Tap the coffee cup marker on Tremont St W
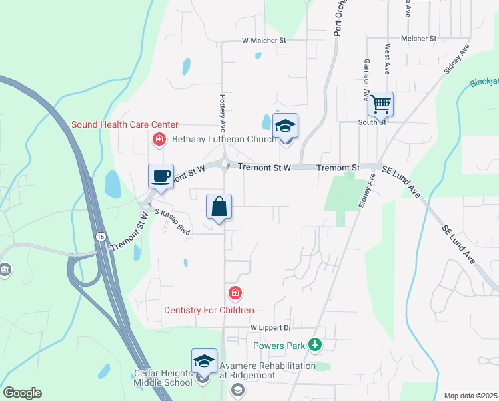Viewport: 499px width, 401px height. point(161,176)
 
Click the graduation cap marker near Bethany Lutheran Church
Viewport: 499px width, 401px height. point(285,126)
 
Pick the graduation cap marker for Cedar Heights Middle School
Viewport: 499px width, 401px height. point(204,362)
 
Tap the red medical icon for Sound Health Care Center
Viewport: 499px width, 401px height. point(159,139)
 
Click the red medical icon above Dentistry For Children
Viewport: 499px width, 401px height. point(235,293)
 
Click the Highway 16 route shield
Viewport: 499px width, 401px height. point(99,237)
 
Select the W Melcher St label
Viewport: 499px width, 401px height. point(264,41)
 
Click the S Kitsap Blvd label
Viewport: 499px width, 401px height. point(173,223)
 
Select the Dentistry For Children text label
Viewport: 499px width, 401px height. point(209,310)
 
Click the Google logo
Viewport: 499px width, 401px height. point(22,393)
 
